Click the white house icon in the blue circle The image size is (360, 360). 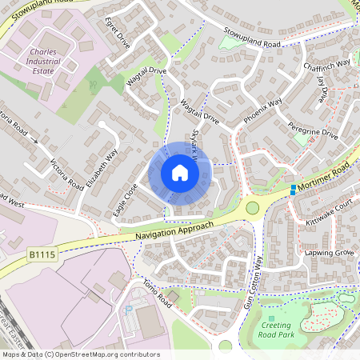[x=180, y=173]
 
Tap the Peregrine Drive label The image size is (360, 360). [x=313, y=130]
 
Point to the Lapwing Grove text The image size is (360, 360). [x=329, y=252]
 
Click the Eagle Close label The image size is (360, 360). [x=126, y=200]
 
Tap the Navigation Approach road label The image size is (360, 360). [x=174, y=230]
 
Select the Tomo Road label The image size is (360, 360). [x=157, y=290]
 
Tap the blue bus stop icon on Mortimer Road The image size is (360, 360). [x=294, y=190]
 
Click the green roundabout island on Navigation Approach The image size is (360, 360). [x=254, y=209]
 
